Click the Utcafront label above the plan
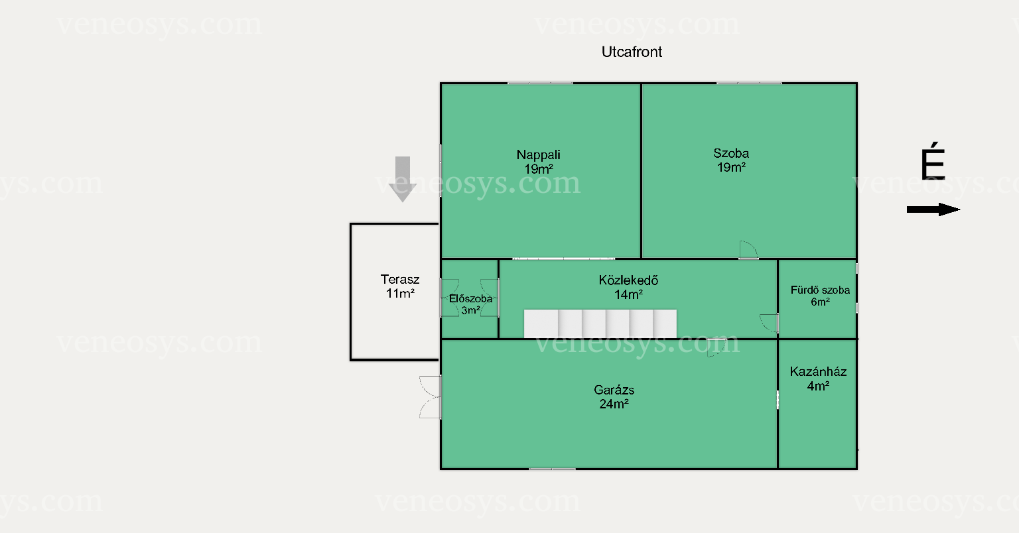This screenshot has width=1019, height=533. [x=632, y=52]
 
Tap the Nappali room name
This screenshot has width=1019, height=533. [x=538, y=154]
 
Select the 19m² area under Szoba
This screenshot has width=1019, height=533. [x=731, y=167]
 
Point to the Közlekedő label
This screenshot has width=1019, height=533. [x=628, y=280]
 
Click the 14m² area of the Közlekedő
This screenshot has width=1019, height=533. [x=628, y=295]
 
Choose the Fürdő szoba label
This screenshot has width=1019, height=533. [x=820, y=290]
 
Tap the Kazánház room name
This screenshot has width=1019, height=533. [x=818, y=371]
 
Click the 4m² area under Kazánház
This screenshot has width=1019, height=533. [x=818, y=386]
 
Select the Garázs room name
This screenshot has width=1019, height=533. [x=614, y=390]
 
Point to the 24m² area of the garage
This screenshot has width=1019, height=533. [x=614, y=404]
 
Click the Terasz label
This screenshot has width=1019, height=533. [x=400, y=279]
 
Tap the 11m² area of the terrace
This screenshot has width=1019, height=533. [x=400, y=293]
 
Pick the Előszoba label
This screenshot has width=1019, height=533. [x=470, y=299]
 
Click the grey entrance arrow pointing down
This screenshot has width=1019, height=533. [x=403, y=179]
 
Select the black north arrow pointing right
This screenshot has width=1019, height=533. [x=933, y=209]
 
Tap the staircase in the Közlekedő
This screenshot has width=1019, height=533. [x=600, y=324]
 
